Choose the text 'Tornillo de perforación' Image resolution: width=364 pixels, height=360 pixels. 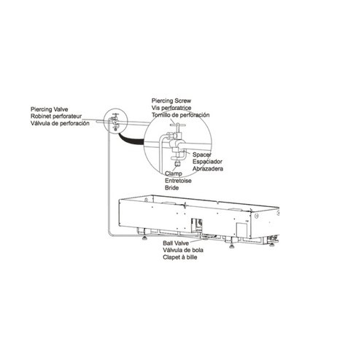(181, 116)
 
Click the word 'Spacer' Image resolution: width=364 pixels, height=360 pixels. (201, 154)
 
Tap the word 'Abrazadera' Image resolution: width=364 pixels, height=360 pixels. (207, 168)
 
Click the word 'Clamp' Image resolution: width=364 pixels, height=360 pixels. (174, 173)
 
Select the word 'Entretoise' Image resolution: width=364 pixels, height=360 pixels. (178, 180)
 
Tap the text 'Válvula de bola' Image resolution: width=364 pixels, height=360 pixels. (183, 251)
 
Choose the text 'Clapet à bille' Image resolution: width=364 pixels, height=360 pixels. (182, 258)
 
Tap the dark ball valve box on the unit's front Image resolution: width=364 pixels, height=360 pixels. (195, 224)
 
